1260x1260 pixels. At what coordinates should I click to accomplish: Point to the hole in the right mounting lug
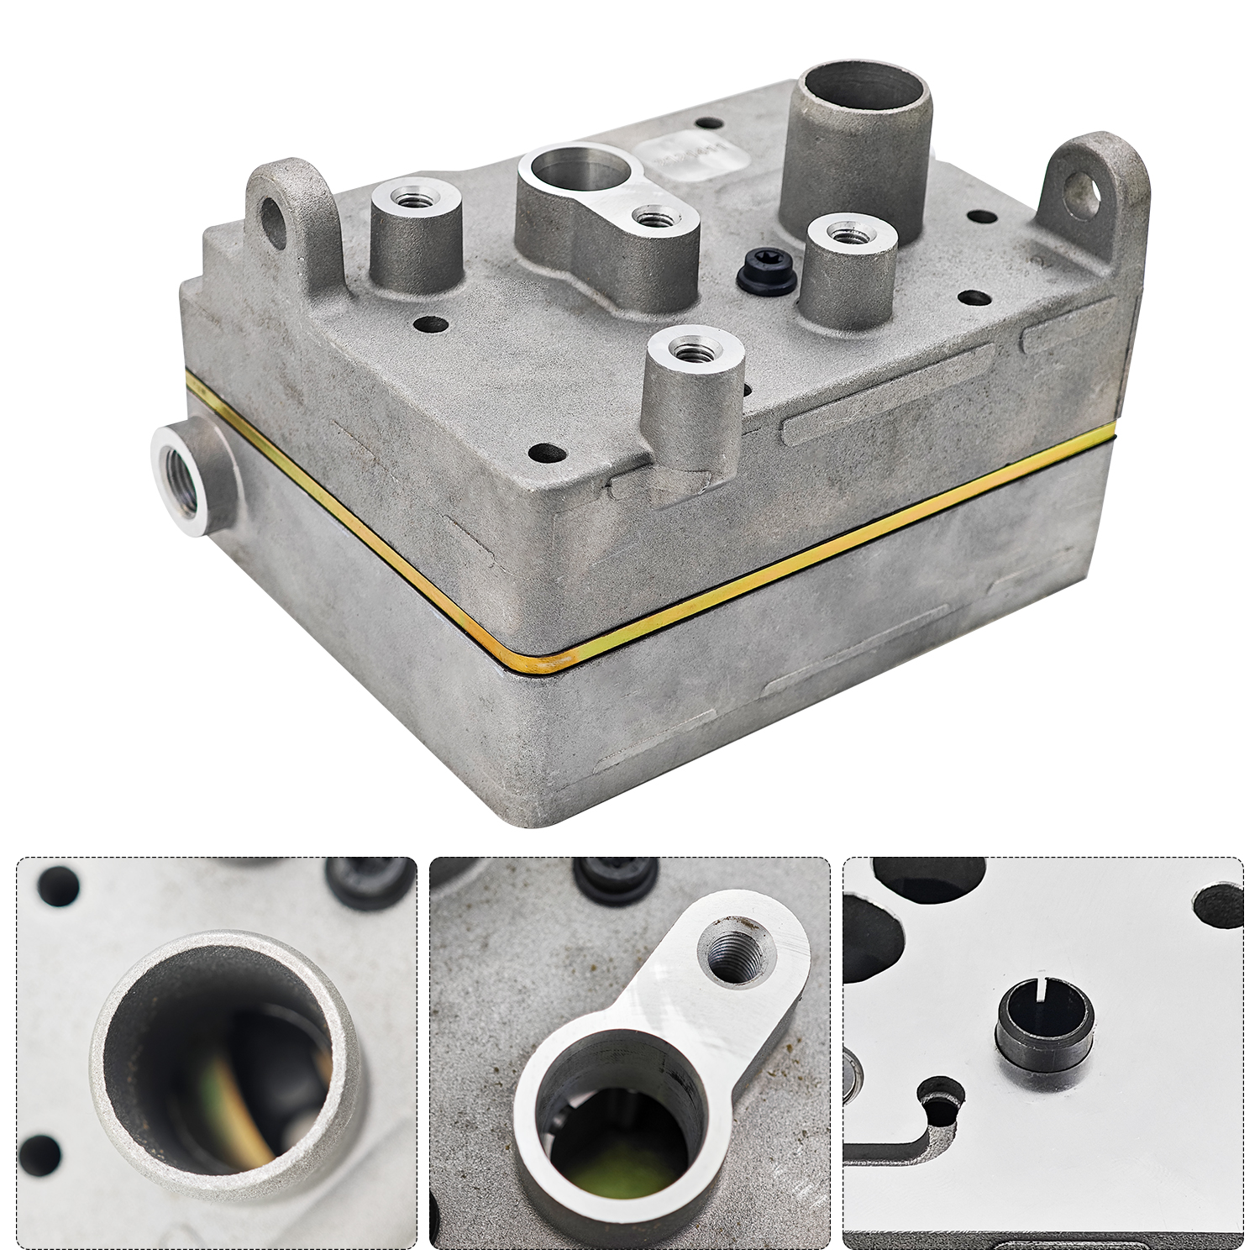click(x=1084, y=194)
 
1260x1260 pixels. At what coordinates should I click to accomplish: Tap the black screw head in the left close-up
click(x=370, y=882)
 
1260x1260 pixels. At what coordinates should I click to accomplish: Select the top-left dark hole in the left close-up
click(x=58, y=887)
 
